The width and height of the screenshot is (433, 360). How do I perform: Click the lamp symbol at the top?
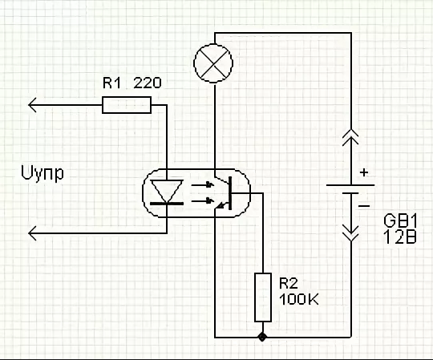[x=215, y=63]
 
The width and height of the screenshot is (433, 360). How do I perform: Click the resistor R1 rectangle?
[x=126, y=104]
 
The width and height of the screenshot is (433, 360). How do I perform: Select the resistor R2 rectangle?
[x=262, y=296]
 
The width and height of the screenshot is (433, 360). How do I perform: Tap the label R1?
[x=111, y=83]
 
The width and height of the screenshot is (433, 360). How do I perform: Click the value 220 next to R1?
[x=146, y=83]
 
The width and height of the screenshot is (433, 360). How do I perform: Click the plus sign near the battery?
[x=365, y=172]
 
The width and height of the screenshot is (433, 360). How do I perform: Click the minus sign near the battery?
[x=365, y=205]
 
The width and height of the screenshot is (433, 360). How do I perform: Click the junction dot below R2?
[x=262, y=336]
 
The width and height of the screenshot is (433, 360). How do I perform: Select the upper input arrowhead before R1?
[x=34, y=104]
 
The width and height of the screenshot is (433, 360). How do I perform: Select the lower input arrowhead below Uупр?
[x=34, y=233]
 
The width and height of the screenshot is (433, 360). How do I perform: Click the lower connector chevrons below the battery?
[x=350, y=233]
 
